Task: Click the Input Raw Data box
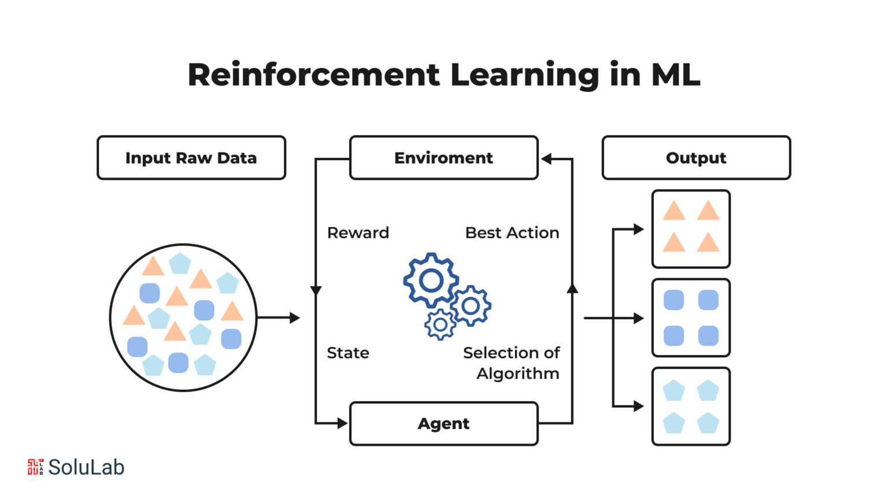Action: click(x=191, y=158)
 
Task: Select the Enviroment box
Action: click(x=443, y=158)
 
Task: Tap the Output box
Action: click(x=696, y=158)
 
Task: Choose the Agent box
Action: click(x=443, y=424)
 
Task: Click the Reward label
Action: click(x=358, y=232)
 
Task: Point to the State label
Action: click(x=347, y=353)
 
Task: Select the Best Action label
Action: click(x=512, y=232)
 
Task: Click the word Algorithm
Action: click(x=518, y=374)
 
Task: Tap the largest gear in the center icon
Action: click(x=431, y=280)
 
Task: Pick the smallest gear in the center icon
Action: click(x=441, y=325)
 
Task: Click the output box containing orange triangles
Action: click(x=691, y=229)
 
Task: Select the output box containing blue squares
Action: click(x=691, y=318)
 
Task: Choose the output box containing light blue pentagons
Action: click(x=691, y=406)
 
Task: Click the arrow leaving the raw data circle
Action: click(x=279, y=317)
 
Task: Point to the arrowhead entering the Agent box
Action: click(x=342, y=424)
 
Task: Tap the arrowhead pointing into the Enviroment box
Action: click(x=546, y=159)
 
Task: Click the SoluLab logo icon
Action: click(x=35, y=467)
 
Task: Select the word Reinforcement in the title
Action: click(x=314, y=75)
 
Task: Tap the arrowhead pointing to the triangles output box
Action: click(x=638, y=230)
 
